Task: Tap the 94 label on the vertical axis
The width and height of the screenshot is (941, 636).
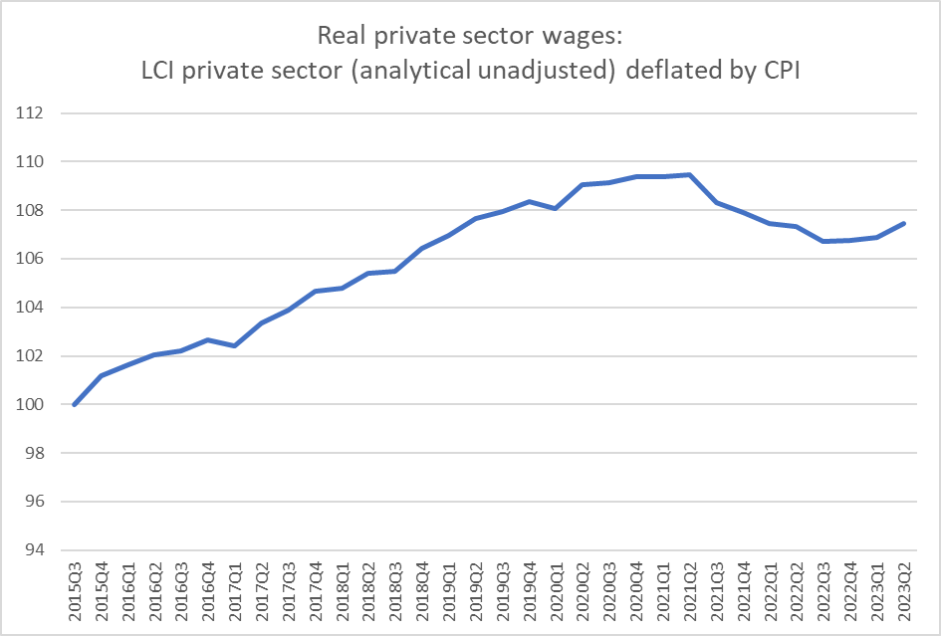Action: [35, 550]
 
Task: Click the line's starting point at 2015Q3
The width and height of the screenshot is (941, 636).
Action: [75, 404]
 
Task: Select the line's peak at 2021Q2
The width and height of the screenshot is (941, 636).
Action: [689, 175]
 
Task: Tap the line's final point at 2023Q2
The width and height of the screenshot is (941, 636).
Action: [904, 223]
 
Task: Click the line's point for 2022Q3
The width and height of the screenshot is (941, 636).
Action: [823, 241]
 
